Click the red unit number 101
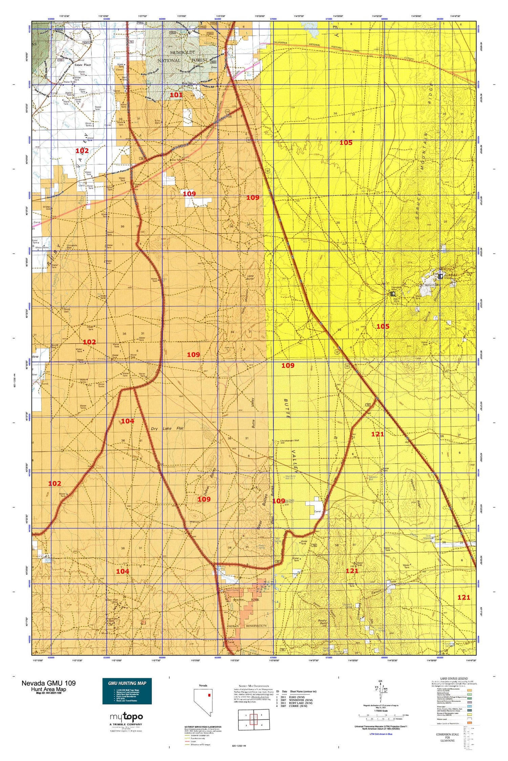[x=176, y=95]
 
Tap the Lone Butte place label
[x=250, y=278]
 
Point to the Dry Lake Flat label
[x=167, y=429]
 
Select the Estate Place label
[x=83, y=65]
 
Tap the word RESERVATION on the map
[x=256, y=626]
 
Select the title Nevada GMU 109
[x=48, y=683]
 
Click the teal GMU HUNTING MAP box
[x=127, y=691]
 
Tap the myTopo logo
[x=126, y=717]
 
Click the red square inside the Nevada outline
[x=209, y=695]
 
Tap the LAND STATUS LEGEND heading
[x=453, y=678]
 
